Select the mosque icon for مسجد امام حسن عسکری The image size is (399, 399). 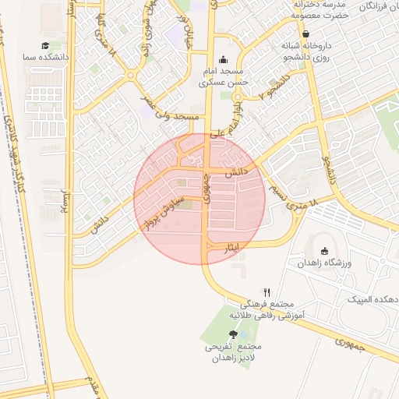click(x=224, y=59)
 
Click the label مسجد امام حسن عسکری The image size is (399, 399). click(x=224, y=76)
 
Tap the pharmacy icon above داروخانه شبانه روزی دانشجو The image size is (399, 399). click(x=305, y=34)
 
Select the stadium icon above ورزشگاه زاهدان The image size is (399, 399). click(x=325, y=251)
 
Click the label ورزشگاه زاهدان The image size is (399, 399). click(x=325, y=263)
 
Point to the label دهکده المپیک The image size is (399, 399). click(x=373, y=299)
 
